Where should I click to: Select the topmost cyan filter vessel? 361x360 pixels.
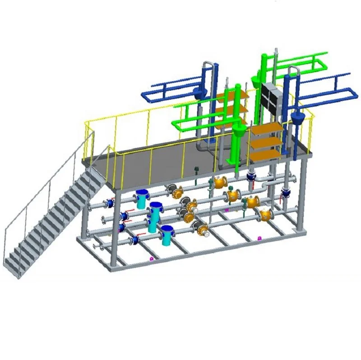click(x=143, y=198)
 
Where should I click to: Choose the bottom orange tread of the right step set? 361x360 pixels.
click(x=266, y=156)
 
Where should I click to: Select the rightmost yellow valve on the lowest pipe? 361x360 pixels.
click(x=265, y=215)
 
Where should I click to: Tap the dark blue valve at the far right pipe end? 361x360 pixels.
click(x=286, y=193)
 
